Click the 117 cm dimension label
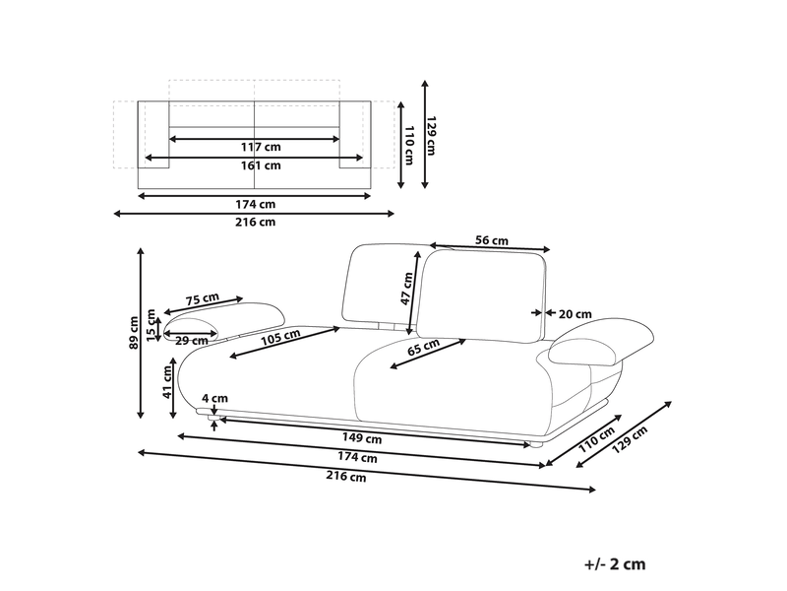(x=261, y=147)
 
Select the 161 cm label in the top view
(x=261, y=165)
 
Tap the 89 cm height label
(x=134, y=332)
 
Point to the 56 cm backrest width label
(x=491, y=240)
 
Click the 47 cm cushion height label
(x=406, y=289)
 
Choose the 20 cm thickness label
(x=575, y=314)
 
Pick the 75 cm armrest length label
(x=203, y=299)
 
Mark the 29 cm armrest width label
(x=192, y=340)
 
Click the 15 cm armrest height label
(x=151, y=325)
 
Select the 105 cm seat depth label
(x=280, y=337)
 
